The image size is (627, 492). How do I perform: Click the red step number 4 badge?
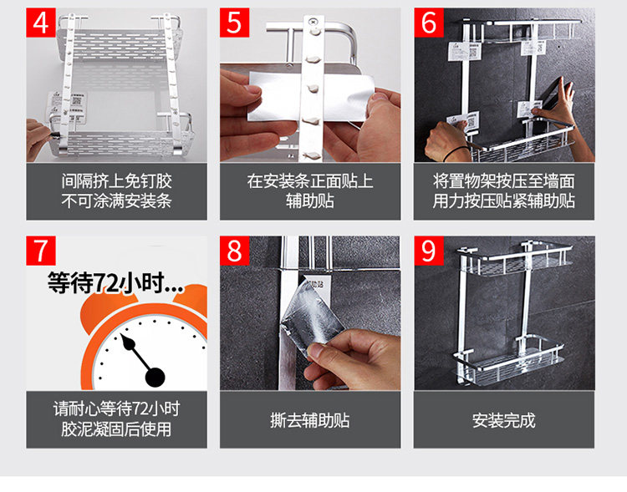[40, 23]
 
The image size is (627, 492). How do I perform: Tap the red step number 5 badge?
[234, 23]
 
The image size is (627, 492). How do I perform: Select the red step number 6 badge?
[429, 23]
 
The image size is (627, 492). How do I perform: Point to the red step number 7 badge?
[41, 251]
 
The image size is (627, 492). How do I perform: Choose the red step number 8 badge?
[234, 251]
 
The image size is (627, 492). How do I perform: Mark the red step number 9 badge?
[429, 251]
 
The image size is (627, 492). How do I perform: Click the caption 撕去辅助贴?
[310, 420]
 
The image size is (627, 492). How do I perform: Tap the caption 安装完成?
[504, 420]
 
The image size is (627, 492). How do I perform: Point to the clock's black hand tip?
[121, 336]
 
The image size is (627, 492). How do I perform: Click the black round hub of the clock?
[155, 378]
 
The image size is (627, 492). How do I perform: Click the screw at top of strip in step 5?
[313, 20]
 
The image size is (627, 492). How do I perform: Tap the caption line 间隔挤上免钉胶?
[117, 181]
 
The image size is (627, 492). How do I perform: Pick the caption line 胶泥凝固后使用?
[116, 429]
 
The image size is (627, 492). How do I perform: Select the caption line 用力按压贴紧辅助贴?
[504, 201]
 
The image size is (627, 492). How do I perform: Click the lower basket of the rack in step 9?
[507, 363]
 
